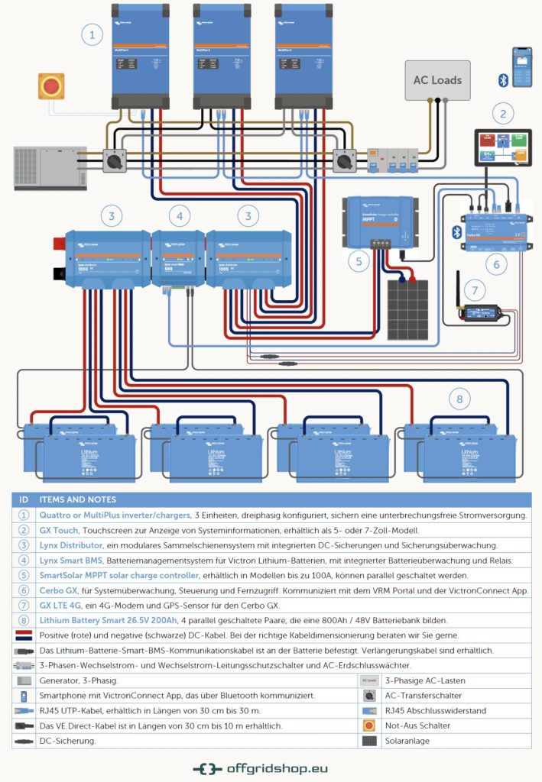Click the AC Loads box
coord(437,80)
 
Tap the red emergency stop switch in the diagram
coord(51,86)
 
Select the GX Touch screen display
coord(501,148)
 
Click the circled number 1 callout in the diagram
coord(92,34)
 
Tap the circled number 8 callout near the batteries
coord(459,399)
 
